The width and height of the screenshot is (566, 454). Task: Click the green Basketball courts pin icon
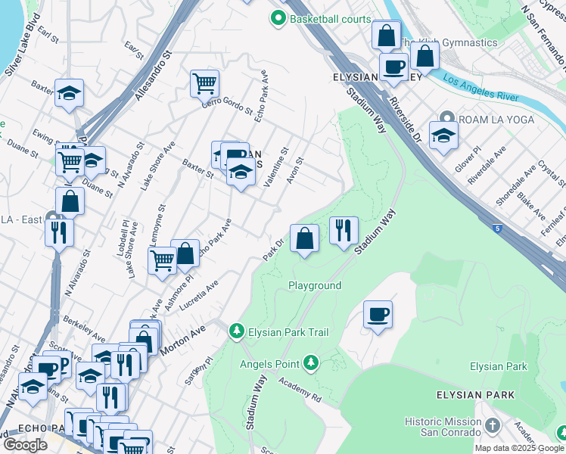(278, 19)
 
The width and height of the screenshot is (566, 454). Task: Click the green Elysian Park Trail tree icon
(237, 331)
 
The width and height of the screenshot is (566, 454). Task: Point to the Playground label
(315, 285)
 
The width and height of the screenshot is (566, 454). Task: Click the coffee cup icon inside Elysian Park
(378, 315)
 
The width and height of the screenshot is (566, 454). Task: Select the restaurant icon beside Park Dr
(344, 229)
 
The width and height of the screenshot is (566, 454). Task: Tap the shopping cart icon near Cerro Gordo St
(204, 82)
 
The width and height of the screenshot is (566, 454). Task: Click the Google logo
(25, 445)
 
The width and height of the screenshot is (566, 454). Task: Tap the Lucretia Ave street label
(198, 297)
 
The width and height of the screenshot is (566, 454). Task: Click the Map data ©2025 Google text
(519, 447)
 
